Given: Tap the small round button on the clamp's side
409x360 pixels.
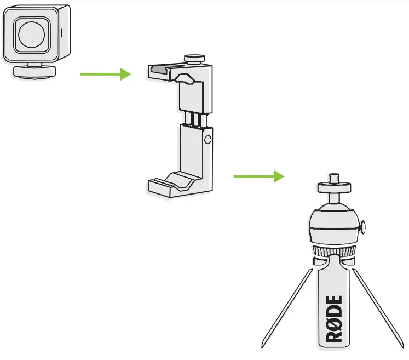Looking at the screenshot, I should coord(208,140).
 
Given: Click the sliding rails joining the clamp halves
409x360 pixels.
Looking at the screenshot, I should coord(195,118).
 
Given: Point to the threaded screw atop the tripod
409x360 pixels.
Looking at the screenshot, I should coord(333,178).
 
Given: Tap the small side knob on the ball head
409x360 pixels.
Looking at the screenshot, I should coord(364,225).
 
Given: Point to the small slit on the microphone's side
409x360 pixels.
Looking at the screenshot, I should coord(61,32).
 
